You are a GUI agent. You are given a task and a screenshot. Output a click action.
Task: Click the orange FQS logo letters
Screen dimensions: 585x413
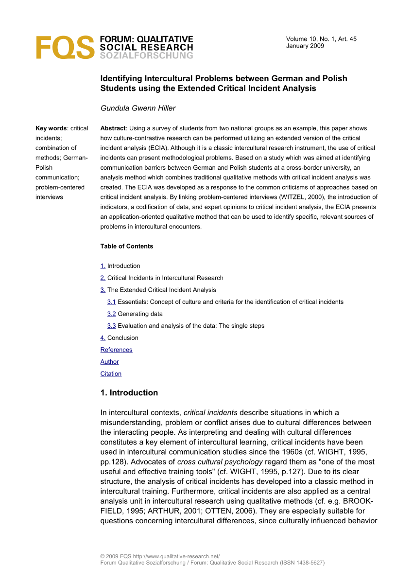click(65, 47)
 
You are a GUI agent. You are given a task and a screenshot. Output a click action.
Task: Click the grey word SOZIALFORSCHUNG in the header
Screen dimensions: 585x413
click(146, 55)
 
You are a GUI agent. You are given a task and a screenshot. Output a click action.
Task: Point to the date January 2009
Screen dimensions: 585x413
click(305, 46)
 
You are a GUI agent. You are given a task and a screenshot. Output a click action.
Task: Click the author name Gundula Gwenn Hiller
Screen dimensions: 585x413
click(138, 108)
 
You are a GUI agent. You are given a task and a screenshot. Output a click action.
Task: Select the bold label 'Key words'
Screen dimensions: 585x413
click(51, 128)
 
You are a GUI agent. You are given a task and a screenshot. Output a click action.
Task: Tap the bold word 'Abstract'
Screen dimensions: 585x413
click(113, 128)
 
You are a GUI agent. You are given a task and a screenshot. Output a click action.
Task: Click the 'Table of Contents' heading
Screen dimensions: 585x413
click(127, 246)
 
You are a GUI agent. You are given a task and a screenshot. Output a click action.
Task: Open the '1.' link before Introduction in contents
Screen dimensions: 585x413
click(103, 266)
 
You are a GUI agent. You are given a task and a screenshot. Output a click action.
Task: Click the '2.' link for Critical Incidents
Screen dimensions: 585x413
click(103, 278)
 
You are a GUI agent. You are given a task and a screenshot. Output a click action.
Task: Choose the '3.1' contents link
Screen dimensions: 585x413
click(111, 302)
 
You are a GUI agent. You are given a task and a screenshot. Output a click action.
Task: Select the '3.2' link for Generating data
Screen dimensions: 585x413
click(111, 314)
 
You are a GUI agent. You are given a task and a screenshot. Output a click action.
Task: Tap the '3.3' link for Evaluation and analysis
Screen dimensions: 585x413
click(111, 326)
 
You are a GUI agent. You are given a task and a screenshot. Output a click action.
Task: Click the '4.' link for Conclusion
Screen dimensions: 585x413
click(103, 338)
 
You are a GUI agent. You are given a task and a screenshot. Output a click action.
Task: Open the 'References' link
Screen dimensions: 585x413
click(116, 350)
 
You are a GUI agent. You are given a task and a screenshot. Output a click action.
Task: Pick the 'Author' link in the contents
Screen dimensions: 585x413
click(109, 362)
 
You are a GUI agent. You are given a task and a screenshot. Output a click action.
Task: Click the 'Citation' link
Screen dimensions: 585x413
click(111, 374)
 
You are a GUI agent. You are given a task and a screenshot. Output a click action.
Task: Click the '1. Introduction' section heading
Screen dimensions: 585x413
click(129, 393)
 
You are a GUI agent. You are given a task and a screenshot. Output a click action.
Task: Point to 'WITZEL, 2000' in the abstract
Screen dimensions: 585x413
click(310, 197)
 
